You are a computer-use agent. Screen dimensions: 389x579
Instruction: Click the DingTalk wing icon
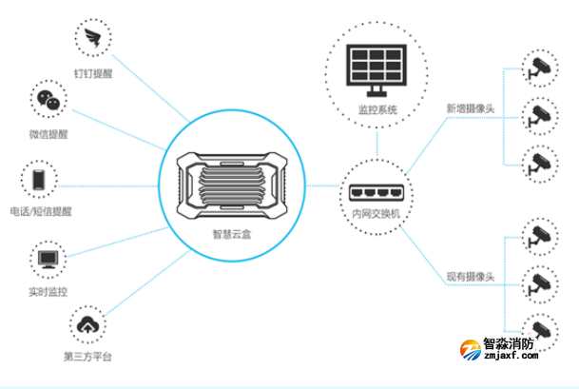[x=93, y=39]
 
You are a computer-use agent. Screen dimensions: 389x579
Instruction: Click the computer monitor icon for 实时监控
[x=46, y=258]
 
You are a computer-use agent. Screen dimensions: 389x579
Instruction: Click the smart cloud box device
[x=234, y=178]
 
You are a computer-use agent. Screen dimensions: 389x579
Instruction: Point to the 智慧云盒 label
[x=234, y=232]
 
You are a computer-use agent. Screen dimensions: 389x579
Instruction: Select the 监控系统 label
[x=377, y=110]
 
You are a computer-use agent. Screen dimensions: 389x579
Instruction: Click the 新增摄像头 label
[x=471, y=107]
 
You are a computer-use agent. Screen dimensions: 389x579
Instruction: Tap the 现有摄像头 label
[x=471, y=277]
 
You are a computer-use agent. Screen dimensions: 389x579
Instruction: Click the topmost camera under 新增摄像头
[x=537, y=67]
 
